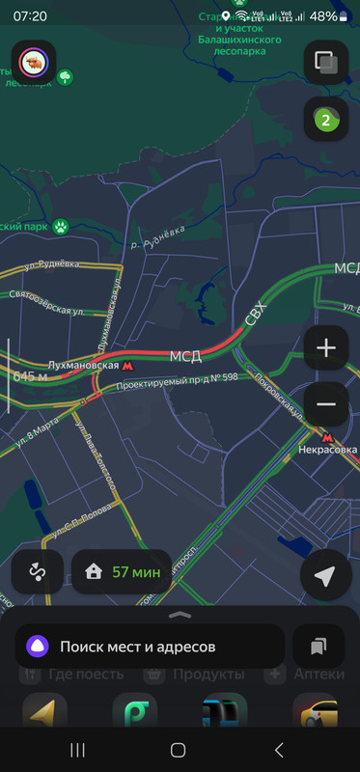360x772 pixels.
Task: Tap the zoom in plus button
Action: point(326,347)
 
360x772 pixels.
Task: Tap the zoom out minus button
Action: point(326,404)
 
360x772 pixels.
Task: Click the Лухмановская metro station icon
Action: point(128,366)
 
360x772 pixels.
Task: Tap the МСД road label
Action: point(185,356)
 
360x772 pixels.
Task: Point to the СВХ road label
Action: point(256,312)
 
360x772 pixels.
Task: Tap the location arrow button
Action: point(326,576)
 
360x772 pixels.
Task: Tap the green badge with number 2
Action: point(326,120)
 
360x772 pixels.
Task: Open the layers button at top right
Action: point(326,63)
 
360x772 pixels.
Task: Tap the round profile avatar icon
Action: point(34,63)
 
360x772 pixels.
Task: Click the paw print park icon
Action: point(62,228)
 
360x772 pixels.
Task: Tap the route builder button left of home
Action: point(38,571)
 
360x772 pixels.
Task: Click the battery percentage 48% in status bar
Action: point(323,16)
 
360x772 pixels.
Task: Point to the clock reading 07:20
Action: point(31,16)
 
